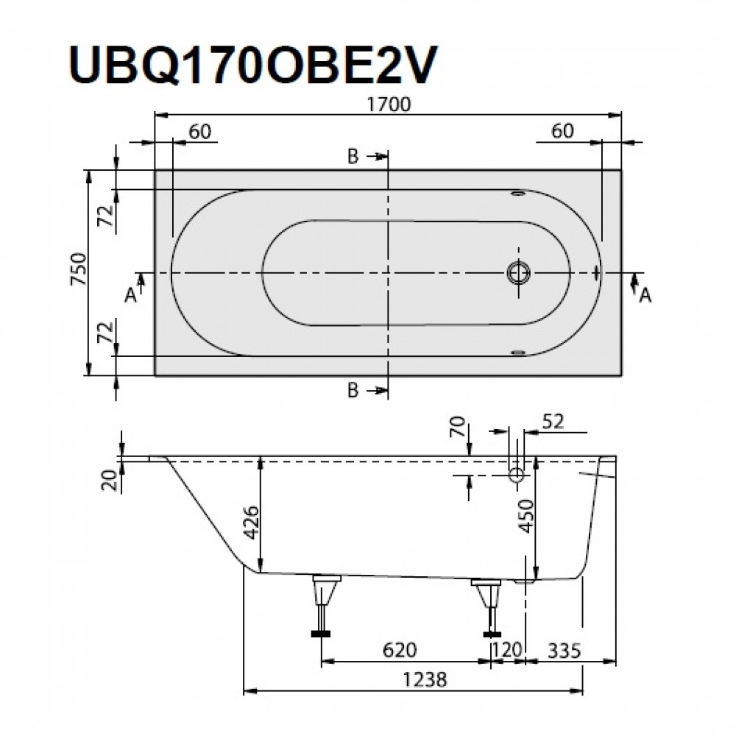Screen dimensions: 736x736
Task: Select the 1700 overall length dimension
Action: click(389, 105)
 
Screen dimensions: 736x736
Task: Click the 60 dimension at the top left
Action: click(199, 131)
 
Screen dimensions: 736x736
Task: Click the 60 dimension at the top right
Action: click(562, 131)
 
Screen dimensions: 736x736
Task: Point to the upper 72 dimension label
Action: click(106, 215)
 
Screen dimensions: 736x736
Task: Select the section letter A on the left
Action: click(130, 294)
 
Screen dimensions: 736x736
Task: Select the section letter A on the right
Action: click(645, 294)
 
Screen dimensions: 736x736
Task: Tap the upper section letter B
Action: click(353, 157)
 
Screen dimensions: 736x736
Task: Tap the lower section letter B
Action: click(353, 392)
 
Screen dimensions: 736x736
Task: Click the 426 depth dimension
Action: click(251, 523)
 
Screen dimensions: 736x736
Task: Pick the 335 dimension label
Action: click(564, 650)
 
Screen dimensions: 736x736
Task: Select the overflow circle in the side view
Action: click(516, 475)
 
